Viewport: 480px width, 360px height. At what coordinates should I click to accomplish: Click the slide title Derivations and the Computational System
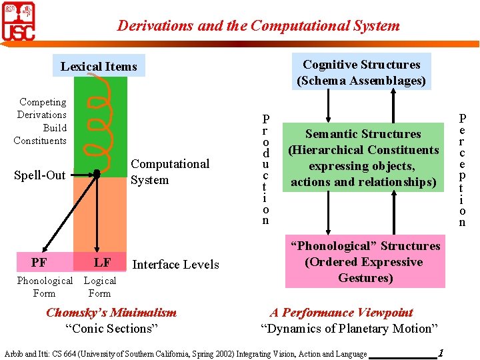[258, 26]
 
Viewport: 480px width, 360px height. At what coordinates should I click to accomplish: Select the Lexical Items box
[99, 66]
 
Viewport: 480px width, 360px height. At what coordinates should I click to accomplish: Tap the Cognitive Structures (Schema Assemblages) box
[361, 73]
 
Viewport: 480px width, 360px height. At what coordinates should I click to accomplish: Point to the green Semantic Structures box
[363, 157]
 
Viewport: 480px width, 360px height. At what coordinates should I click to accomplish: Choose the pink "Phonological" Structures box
[363, 262]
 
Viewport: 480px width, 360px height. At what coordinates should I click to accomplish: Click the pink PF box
[39, 263]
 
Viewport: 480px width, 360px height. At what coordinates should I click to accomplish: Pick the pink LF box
[101, 263]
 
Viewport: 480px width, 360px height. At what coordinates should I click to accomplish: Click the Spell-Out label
[40, 175]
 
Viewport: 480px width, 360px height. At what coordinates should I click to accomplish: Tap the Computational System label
[169, 172]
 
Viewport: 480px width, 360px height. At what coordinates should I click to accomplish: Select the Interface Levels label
[175, 265]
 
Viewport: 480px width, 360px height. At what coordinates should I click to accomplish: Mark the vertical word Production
[265, 169]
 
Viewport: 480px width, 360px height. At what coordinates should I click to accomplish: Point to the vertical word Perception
[462, 170]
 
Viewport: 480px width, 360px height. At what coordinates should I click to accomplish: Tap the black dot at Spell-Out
[97, 173]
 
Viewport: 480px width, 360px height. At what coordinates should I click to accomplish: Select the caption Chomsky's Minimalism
[111, 313]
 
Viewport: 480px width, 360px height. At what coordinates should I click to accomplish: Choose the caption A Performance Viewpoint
[341, 313]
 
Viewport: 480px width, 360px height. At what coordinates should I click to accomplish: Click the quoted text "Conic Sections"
[111, 328]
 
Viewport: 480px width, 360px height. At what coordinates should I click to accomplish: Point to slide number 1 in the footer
[441, 352]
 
